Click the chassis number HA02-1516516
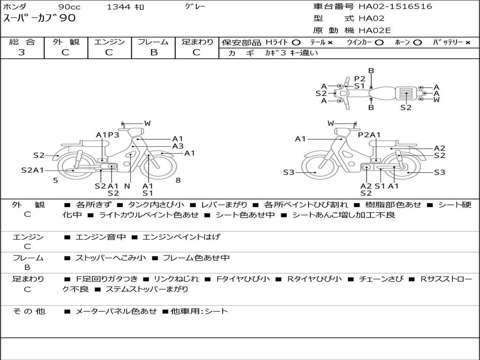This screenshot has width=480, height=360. (x=395, y=7)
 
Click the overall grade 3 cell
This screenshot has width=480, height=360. (x=22, y=52)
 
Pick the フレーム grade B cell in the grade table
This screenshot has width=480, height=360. (x=153, y=52)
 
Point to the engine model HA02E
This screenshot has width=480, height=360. (x=375, y=31)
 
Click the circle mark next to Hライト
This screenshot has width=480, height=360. (x=296, y=43)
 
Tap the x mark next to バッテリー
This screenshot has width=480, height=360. (x=467, y=43)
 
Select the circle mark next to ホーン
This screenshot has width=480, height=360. (x=417, y=43)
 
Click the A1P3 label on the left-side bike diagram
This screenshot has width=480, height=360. (x=107, y=135)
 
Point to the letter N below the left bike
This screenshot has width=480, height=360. (x=127, y=186)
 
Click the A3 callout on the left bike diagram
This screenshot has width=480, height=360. (x=178, y=146)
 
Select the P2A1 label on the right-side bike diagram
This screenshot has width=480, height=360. (x=369, y=135)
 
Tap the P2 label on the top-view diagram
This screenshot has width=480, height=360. (x=360, y=79)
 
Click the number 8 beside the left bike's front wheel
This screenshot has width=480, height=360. (x=178, y=180)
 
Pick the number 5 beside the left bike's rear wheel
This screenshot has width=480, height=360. (x=55, y=180)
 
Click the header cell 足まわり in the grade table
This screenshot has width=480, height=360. (x=197, y=42)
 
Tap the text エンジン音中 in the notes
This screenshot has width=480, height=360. (x=100, y=237)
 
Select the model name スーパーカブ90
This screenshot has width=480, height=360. (x=39, y=18)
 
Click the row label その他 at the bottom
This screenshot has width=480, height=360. (x=29, y=311)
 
